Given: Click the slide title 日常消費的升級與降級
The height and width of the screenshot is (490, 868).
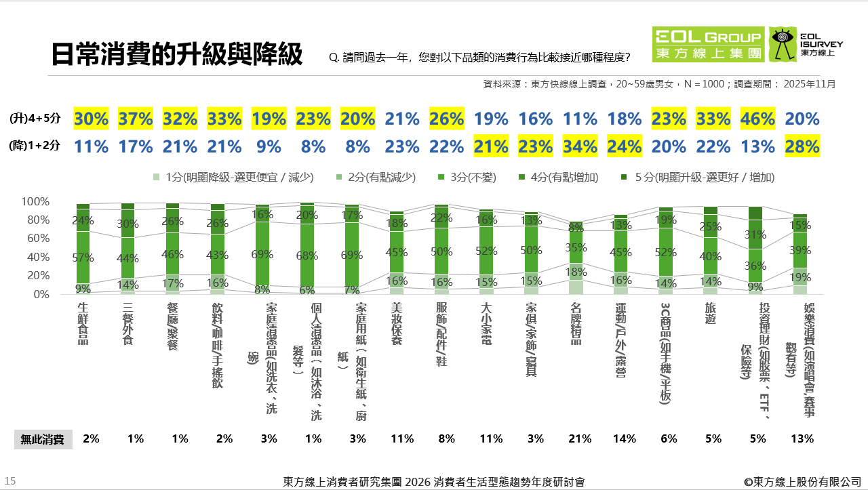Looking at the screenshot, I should [x=177, y=55].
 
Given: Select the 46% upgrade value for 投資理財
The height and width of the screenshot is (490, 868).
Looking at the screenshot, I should [x=758, y=119].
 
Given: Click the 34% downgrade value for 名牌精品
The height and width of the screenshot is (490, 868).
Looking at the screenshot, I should [x=580, y=146].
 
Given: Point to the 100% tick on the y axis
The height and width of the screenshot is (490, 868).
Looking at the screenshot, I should [x=35, y=202].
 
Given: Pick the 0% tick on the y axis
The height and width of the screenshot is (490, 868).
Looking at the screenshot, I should [x=41, y=295].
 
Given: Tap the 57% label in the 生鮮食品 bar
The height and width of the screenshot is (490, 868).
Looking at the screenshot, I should [x=83, y=258].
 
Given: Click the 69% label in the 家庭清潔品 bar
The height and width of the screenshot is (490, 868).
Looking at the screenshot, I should [x=262, y=253].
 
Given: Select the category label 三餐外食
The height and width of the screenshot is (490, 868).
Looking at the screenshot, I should [x=127, y=325].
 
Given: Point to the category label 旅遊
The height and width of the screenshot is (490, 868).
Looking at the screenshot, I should [x=710, y=315].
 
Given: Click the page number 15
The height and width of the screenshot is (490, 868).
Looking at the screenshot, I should [x=10, y=481].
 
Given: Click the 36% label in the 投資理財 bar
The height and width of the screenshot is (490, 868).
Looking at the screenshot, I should [x=755, y=266].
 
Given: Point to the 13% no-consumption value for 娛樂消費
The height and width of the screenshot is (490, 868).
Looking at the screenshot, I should [x=802, y=438].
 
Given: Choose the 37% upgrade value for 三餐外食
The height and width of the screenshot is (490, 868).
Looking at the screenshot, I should [x=136, y=119].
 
